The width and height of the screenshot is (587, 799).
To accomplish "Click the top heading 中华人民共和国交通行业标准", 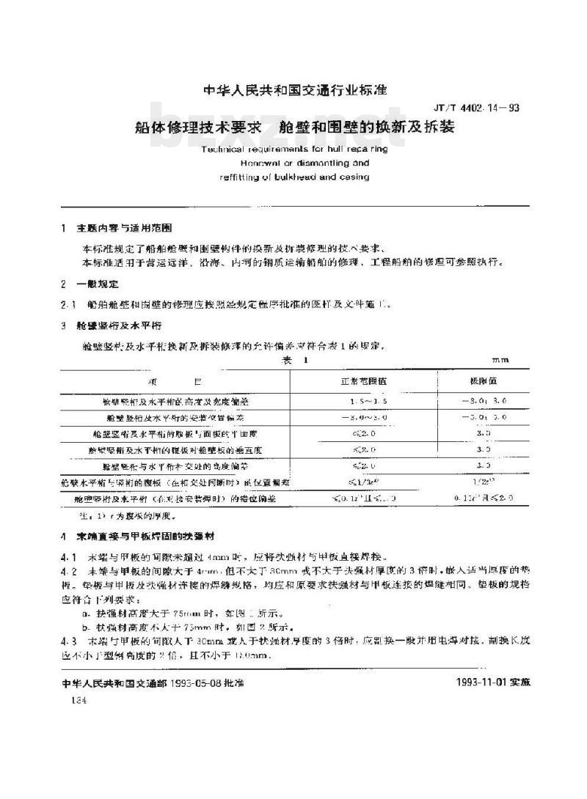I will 293,90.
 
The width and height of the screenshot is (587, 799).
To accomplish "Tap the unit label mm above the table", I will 500,360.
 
